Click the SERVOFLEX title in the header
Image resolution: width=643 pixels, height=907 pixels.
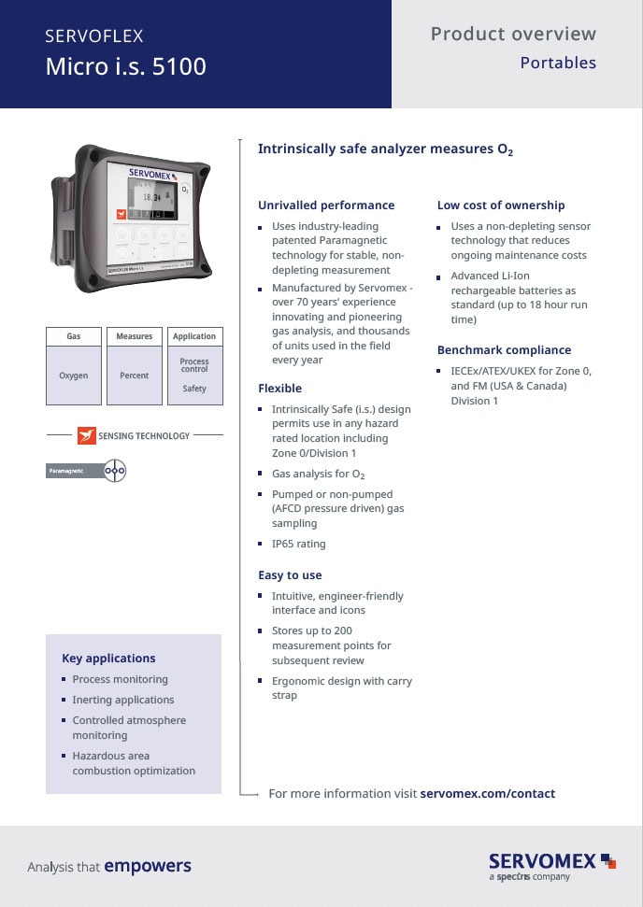(94, 36)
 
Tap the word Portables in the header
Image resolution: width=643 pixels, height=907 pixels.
(557, 64)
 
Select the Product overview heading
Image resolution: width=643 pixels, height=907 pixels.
(512, 35)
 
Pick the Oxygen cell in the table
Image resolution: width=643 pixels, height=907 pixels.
(74, 376)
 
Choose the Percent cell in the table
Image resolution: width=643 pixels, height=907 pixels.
(134, 376)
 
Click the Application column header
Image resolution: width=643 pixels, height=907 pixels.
(194, 336)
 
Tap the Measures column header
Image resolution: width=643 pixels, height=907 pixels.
(134, 336)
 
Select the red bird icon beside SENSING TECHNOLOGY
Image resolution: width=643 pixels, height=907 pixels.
(86, 435)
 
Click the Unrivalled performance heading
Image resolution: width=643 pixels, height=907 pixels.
(326, 205)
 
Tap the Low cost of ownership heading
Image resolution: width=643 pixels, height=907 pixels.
(501, 205)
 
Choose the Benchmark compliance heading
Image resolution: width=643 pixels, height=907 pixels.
(504, 350)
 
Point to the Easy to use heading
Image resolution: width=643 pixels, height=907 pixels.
(290, 575)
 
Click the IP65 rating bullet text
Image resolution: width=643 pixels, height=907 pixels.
(298, 544)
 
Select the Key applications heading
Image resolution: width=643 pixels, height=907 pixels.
(108, 658)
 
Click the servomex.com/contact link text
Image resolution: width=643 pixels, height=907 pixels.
(488, 794)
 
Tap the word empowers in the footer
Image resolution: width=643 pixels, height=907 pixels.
(148, 866)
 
